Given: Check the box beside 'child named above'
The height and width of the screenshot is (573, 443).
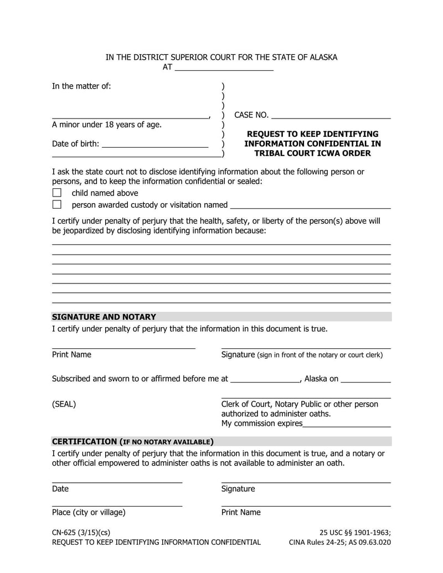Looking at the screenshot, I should (56, 193).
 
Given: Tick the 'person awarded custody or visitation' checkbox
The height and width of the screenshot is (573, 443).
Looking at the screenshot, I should (56, 205).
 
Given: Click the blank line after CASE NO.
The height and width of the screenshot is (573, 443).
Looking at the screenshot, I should (331, 116).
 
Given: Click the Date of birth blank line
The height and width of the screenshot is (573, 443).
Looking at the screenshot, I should (155, 145).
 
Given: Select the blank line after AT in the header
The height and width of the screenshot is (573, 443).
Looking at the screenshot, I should (224, 69).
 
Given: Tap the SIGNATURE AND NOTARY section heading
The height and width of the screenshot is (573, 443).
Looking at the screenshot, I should (104, 317).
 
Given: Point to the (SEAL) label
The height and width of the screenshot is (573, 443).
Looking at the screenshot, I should (64, 404).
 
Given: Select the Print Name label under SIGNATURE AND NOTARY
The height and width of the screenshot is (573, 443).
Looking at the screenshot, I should (71, 355).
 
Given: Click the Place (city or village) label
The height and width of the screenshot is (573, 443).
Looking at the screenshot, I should (89, 513).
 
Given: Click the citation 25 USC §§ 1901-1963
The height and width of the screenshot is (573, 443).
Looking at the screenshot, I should (355, 533).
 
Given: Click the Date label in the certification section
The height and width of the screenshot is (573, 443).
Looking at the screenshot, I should (60, 489).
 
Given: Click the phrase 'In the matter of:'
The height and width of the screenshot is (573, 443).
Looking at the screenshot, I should (81, 86).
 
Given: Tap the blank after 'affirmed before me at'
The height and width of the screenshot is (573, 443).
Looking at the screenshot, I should (264, 380).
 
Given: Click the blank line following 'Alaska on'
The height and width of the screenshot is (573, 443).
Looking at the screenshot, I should (365, 380).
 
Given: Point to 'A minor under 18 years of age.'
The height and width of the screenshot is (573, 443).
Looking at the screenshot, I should (107, 125).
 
